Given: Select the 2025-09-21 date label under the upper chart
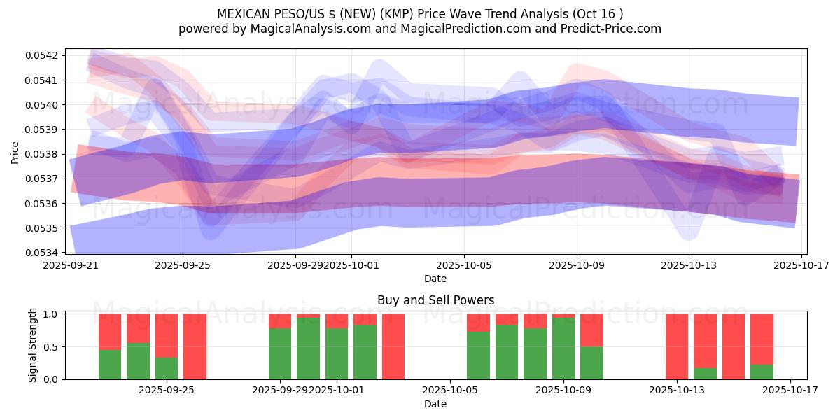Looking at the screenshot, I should pos(71,265).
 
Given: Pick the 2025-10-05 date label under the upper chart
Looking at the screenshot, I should pos(464,265).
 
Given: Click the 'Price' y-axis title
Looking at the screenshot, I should pos(15,152).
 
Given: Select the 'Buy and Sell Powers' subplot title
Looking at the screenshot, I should pos(435,300).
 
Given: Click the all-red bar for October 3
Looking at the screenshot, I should pos(393,346).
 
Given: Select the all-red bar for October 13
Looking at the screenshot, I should pos(677,346).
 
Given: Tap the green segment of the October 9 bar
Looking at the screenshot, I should pos(563,349).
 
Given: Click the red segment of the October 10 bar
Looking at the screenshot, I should pos(591,330).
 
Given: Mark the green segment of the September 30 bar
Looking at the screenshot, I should pos(308,349).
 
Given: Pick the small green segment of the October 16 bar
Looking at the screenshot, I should pos(762,372).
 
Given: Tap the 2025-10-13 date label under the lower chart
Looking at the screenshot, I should pos(677,391).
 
